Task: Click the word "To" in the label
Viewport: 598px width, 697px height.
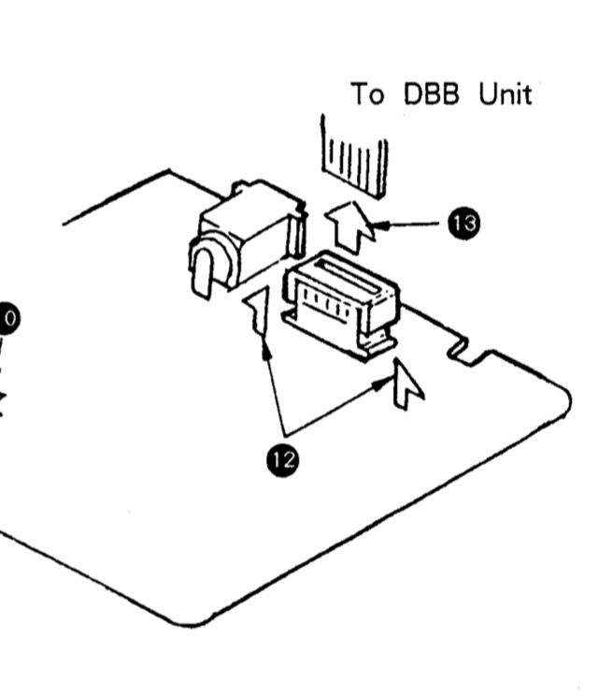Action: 367,94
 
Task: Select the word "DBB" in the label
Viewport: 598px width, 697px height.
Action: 431,94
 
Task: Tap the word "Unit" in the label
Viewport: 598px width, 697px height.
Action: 505,94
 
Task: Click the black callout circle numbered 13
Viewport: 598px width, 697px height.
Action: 464,223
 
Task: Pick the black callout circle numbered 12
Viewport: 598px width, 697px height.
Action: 283,460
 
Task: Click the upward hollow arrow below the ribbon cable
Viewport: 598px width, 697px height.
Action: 351,226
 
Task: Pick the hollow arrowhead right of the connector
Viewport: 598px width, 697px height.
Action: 407,385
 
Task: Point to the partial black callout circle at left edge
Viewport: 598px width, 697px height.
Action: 9,318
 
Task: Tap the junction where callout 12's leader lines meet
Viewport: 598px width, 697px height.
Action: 284,434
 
